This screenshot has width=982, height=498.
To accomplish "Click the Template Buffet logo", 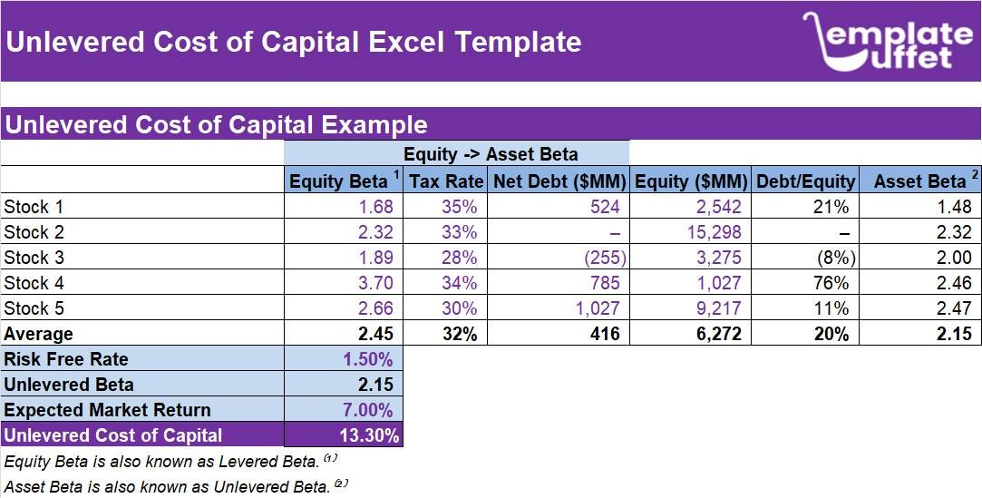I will [x=886, y=42].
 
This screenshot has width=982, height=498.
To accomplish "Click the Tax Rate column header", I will [x=445, y=181].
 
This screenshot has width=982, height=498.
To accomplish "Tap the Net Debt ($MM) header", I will [x=559, y=181].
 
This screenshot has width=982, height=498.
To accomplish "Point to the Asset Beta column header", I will [x=919, y=181].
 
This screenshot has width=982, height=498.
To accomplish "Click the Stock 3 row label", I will [x=34, y=258].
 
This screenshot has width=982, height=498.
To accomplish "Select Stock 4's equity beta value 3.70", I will [x=375, y=283].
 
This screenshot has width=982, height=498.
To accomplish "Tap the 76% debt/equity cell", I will [x=831, y=283].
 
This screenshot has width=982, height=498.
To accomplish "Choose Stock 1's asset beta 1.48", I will [x=954, y=207].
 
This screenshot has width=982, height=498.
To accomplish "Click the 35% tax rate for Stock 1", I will [x=459, y=207].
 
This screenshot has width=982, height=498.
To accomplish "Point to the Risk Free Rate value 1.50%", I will [x=367, y=359].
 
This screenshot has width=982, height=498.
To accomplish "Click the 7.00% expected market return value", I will [x=367, y=410].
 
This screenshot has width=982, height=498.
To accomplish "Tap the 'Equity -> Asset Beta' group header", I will [x=491, y=153].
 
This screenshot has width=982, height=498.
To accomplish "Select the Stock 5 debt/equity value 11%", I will [x=831, y=308].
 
